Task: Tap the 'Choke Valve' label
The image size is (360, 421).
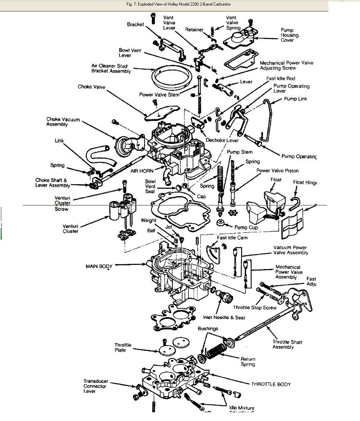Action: [91, 87]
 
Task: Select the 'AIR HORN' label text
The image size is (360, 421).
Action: [142, 171]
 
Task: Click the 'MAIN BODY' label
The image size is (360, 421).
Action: [99, 266]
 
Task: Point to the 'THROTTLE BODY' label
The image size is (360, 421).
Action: [271, 384]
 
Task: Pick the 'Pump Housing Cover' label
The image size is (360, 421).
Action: [289, 35]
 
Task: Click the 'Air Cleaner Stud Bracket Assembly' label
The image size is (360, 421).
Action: [111, 68]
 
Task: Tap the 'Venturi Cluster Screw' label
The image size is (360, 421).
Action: [62, 203]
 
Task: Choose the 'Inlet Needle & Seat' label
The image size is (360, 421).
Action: [224, 318]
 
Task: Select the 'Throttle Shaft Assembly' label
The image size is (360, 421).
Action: [288, 345]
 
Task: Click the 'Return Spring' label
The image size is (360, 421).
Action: [248, 362]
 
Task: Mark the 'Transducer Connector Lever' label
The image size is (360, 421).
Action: [95, 386]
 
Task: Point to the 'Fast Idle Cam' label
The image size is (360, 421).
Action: [232, 238]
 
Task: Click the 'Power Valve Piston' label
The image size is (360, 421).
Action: [277, 171]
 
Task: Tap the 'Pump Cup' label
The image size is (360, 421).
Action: [246, 227]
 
